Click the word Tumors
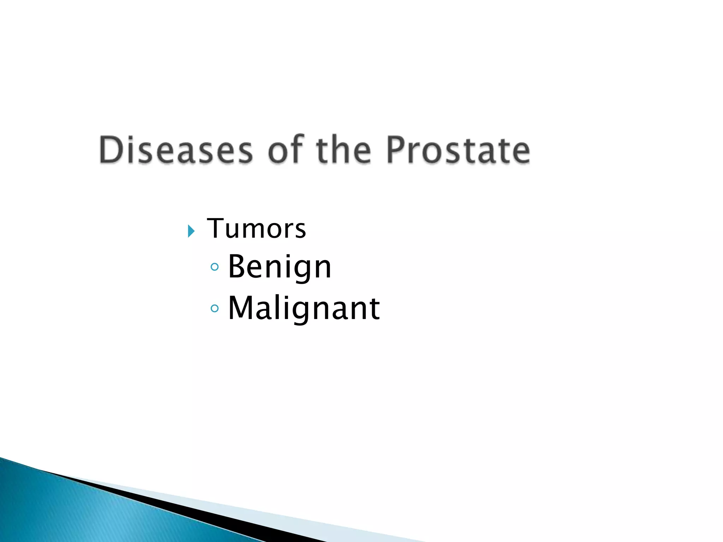pos(256,229)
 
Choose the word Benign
pos(280,267)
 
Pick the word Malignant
pos(304,308)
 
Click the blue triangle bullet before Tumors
pos(191,231)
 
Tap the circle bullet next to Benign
pos(214,267)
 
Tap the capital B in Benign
pos(237,266)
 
